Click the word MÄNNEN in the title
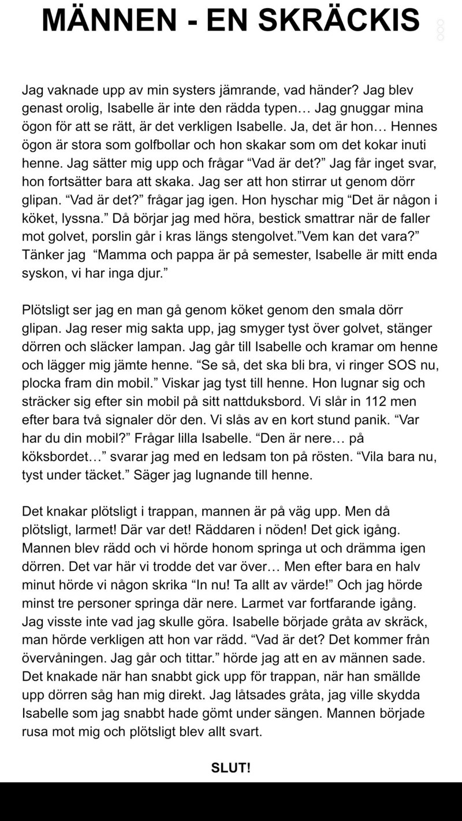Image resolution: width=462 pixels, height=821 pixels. click(109, 21)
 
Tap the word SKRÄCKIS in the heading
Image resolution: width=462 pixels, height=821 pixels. click(339, 21)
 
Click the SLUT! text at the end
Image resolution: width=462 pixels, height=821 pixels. click(231, 768)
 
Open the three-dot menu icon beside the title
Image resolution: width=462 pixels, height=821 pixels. click(441, 29)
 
